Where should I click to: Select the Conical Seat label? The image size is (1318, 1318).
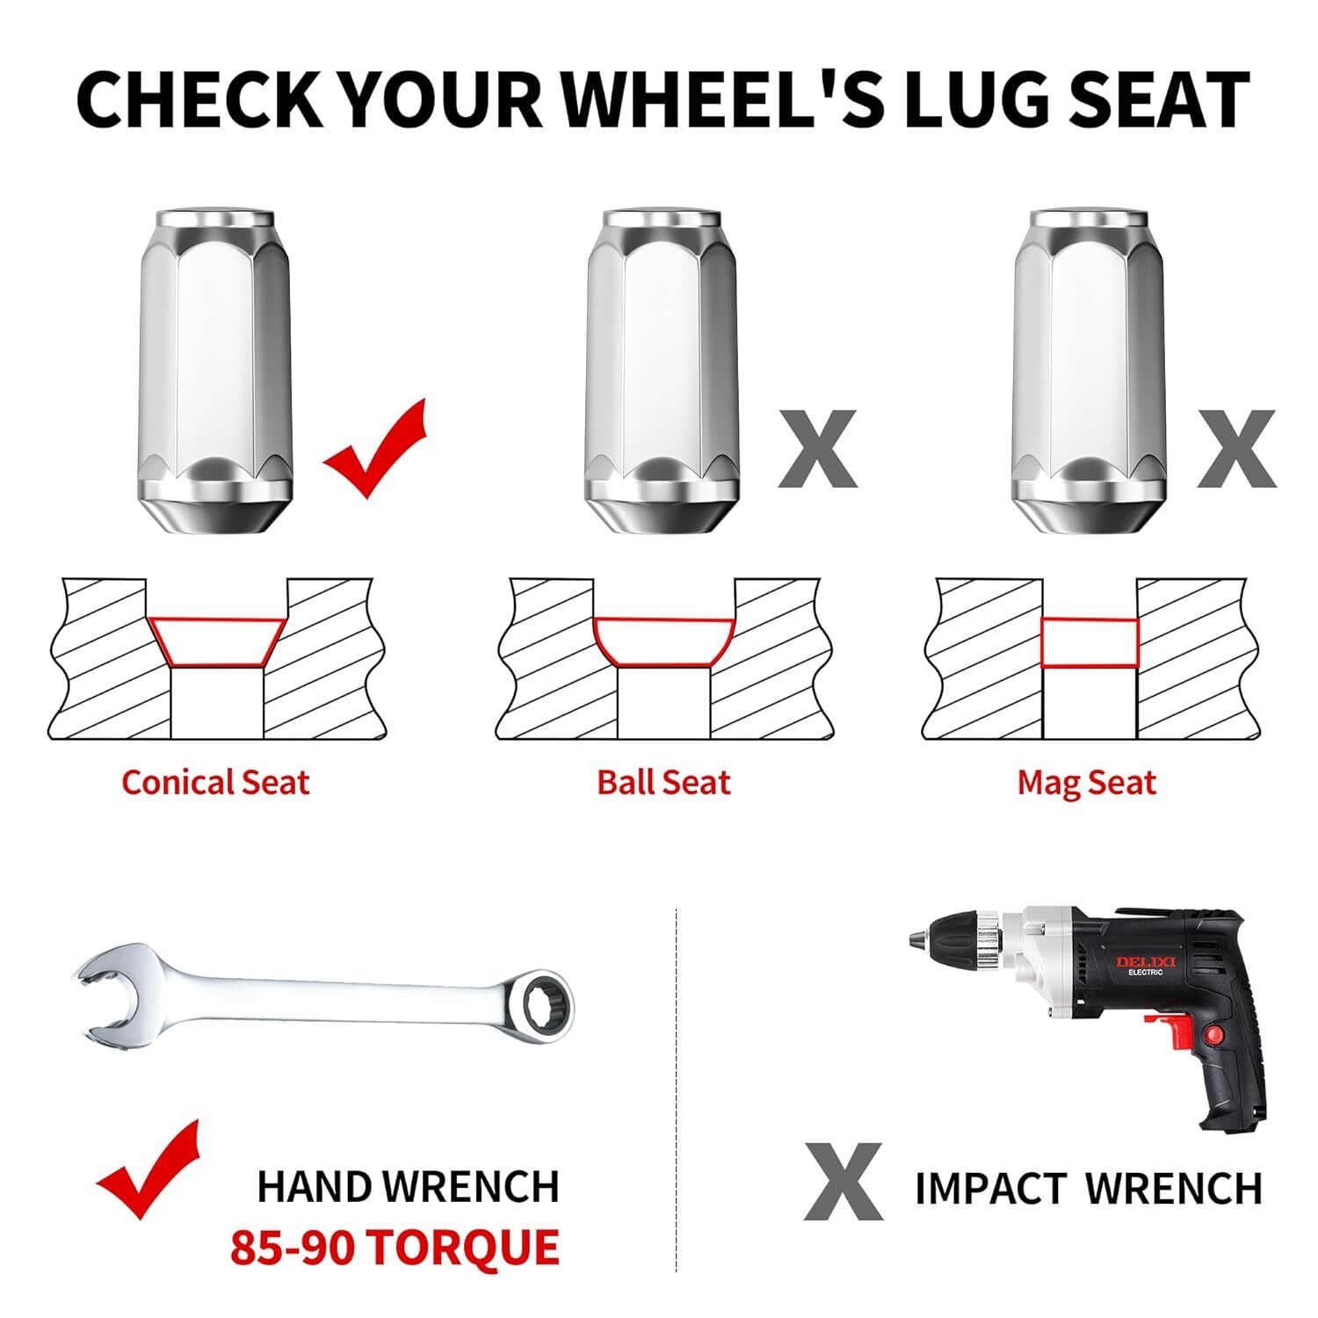pos(215,782)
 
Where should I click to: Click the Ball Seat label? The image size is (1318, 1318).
pos(663,782)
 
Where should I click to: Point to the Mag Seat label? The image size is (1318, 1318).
pos(1086,783)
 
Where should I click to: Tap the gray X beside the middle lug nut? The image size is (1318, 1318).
pos(817,449)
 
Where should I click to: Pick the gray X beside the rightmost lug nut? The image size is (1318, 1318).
pos(1236,449)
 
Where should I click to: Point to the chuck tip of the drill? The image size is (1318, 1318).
pos(916,938)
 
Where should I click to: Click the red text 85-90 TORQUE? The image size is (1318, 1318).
pos(395,1248)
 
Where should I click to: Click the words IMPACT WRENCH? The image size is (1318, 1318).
pos(1089,1188)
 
